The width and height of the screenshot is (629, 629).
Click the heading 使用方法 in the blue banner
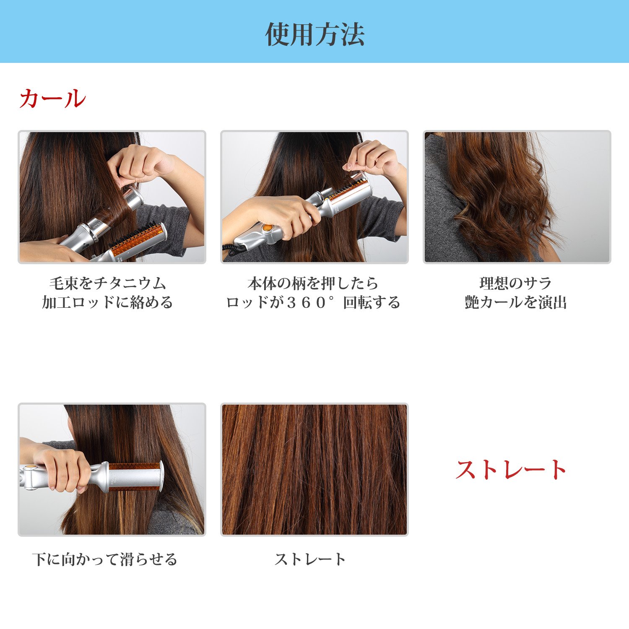click(x=314, y=34)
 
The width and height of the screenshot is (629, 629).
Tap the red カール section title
click(x=52, y=99)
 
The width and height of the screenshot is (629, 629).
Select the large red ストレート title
click(x=511, y=469)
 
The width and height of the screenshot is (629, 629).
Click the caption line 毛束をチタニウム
click(x=108, y=283)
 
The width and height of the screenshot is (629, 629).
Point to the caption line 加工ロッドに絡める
click(x=107, y=302)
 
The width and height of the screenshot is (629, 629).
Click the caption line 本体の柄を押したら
click(x=313, y=283)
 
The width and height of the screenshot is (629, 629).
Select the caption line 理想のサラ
click(x=515, y=283)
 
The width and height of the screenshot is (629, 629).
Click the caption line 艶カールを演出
click(x=516, y=302)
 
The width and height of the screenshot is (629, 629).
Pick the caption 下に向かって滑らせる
click(x=105, y=559)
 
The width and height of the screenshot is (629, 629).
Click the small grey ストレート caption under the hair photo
click(x=310, y=559)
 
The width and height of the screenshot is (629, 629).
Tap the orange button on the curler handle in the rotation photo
click(x=267, y=229)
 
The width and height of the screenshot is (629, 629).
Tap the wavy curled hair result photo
click(x=517, y=197)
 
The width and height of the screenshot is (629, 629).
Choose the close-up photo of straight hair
click(x=314, y=470)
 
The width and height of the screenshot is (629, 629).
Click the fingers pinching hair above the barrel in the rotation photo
click(x=369, y=159)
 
